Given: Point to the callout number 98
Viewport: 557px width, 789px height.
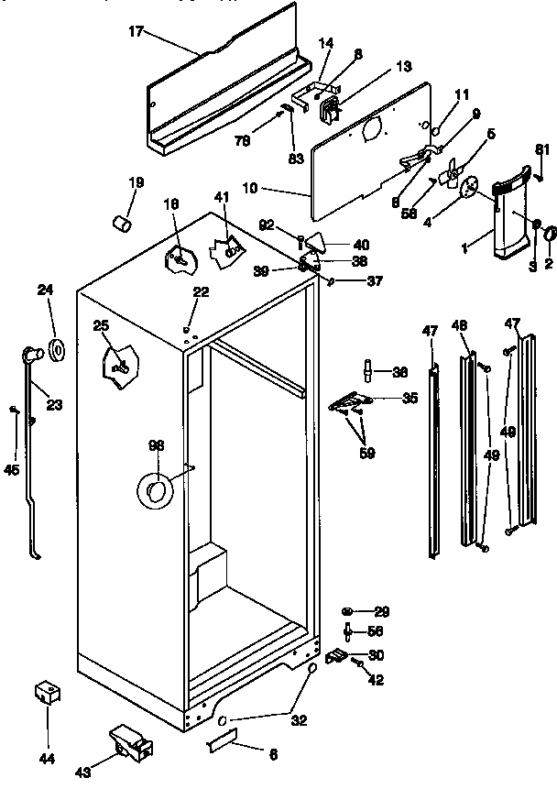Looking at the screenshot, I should [x=155, y=445].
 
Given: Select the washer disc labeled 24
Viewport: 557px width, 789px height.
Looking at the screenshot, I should [x=56, y=349].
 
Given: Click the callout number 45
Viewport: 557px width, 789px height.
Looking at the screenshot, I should [x=11, y=470].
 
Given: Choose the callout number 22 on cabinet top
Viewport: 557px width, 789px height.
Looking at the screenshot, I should [x=200, y=291].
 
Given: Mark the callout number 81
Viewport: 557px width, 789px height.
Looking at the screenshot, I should [x=541, y=151].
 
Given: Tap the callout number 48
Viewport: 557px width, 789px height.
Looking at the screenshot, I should [x=460, y=325].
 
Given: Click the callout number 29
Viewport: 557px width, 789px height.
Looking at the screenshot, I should [x=381, y=611].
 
